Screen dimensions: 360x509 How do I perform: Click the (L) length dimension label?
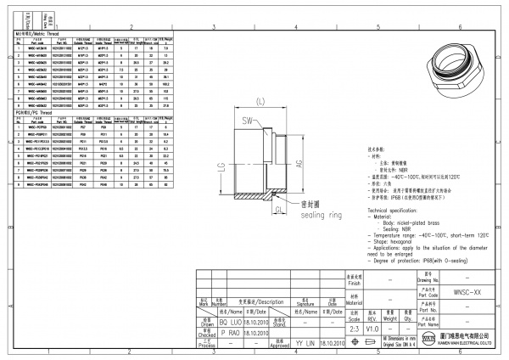(x=261, y=103)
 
